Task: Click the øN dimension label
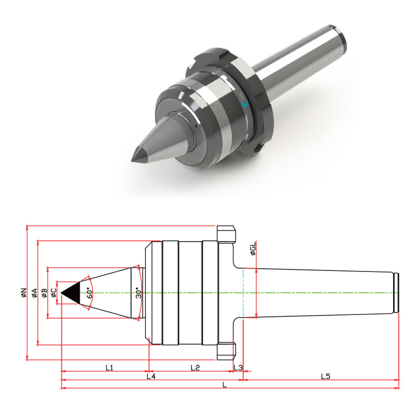click(24, 292)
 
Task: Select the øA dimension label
click(35, 293)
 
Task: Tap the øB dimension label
click(44, 293)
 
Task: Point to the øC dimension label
click(54, 293)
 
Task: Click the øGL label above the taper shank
click(253, 248)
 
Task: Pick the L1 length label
click(109, 367)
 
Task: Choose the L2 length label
click(195, 367)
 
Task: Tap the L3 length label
click(238, 367)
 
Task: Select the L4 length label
click(151, 376)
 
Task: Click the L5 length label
click(325, 376)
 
